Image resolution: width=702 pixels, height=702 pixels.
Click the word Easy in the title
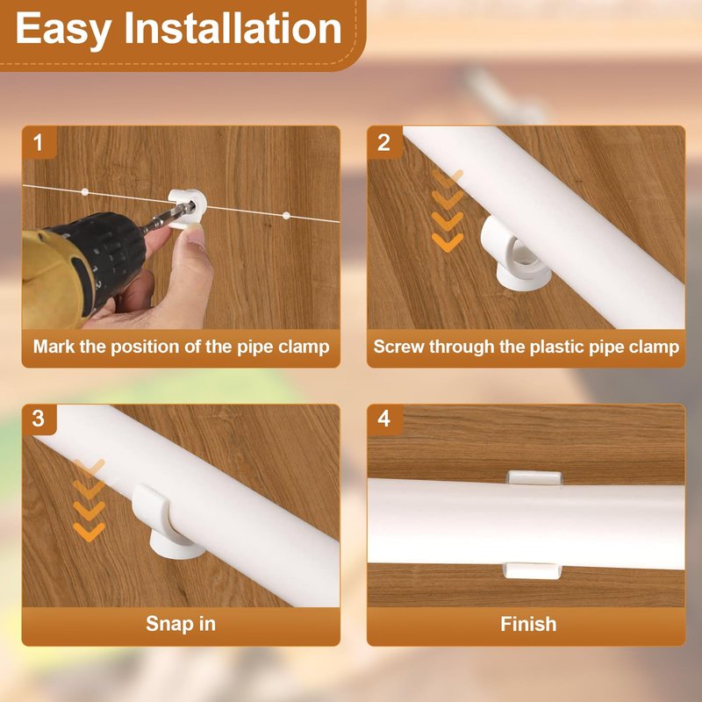[63, 30]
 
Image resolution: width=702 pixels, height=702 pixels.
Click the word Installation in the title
[233, 28]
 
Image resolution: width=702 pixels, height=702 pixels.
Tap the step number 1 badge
[39, 142]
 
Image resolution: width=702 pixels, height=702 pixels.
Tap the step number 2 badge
[384, 142]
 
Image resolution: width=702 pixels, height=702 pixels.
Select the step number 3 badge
[39, 419]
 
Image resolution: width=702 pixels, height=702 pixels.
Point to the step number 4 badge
[384, 419]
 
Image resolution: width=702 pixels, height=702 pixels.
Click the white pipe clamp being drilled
[187, 208]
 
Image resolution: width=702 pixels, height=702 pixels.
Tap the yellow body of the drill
[56, 277]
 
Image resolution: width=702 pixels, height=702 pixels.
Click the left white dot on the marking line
[85, 192]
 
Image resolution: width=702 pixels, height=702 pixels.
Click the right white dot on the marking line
[287, 216]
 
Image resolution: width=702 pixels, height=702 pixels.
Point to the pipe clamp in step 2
[516, 255]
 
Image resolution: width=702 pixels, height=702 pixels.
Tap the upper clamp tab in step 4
[534, 477]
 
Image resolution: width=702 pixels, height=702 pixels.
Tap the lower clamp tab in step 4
[533, 570]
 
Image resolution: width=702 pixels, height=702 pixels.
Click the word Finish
[528, 624]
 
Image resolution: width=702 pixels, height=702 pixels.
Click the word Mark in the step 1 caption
[54, 347]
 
